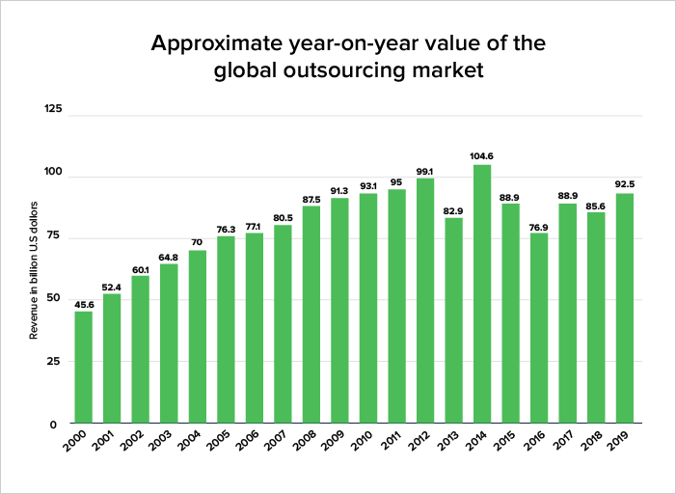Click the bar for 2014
point(482,294)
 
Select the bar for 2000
point(84,368)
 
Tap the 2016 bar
point(539,328)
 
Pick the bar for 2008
point(311,315)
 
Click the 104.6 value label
point(481,156)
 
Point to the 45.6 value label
point(84,305)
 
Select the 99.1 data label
point(424,172)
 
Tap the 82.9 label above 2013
point(453,211)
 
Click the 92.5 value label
point(625,184)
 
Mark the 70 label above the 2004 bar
point(197,242)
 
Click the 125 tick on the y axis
point(53,109)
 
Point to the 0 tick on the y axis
point(53,425)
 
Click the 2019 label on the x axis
point(619,440)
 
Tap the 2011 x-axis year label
point(391,440)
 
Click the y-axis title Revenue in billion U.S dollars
point(34,270)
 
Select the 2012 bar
point(425,301)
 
